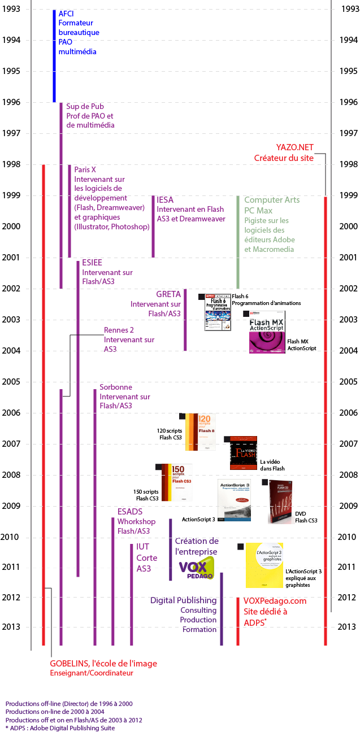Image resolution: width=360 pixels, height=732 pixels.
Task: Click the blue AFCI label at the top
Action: pos(66,13)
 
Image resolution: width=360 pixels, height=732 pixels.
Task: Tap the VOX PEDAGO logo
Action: pos(197,568)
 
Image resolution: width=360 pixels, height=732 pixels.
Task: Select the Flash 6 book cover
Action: pos(218,312)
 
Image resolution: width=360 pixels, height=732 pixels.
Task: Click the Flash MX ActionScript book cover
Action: pos(267,333)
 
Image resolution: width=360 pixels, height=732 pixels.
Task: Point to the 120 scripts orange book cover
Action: pos(201,432)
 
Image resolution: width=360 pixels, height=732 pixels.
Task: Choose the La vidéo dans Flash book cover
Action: pos(244,453)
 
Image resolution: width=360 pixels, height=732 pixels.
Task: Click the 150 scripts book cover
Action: pos(177,482)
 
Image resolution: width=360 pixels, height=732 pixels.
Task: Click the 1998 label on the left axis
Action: pos(11,164)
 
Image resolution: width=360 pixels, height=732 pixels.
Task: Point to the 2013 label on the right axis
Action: pos(346,626)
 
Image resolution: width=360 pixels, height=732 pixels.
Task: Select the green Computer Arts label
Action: pos(272,200)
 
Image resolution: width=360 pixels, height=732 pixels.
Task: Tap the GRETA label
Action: pos(168,294)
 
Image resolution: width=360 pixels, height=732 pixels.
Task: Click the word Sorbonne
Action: pos(116,387)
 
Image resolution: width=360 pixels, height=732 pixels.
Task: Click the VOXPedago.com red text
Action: pos(275,600)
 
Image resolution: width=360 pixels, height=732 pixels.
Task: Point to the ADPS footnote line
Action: pos(60,728)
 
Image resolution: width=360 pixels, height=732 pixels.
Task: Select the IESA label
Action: pos(165,200)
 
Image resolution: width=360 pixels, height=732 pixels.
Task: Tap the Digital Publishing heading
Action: pos(183,600)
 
